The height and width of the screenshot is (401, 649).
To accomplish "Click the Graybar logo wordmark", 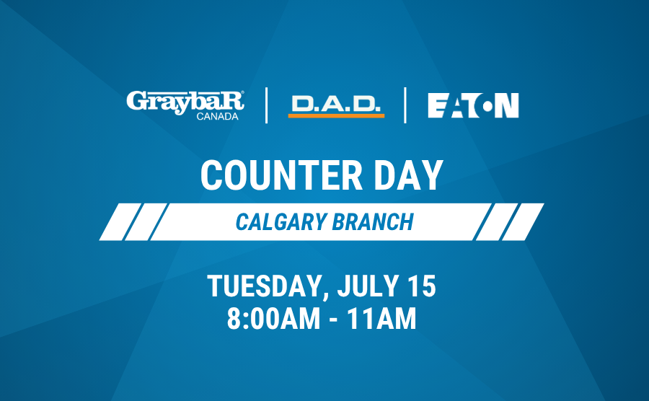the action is (185, 102).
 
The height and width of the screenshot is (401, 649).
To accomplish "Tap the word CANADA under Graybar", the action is (217, 117).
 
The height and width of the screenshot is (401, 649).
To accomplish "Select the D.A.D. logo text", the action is (335, 104).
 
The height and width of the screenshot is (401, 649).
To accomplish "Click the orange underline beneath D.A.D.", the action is (336, 116).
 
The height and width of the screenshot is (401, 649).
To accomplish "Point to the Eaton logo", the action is (473, 105).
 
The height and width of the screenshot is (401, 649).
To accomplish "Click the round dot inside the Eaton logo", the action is (487, 105).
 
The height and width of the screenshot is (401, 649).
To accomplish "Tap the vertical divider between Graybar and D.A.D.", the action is (266, 105).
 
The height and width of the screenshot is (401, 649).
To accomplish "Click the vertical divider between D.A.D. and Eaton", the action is (405, 105).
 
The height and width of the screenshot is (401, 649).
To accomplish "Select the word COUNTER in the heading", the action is (281, 175).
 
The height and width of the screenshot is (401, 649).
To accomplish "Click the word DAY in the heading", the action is (409, 175).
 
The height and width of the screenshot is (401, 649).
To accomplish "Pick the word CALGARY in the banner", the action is (281, 222).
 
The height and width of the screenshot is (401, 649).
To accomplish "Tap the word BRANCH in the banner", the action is (373, 222).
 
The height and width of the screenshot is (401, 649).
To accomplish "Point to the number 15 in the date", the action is (422, 286).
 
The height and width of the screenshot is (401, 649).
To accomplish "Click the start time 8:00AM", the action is (273, 319).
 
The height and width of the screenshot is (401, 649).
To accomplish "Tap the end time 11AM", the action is (381, 319).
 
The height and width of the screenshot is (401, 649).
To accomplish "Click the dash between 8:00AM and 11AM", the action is (334, 320).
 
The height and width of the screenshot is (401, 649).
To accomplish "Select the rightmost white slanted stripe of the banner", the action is (523, 222).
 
